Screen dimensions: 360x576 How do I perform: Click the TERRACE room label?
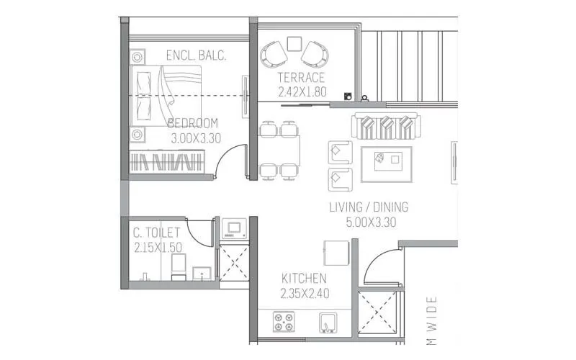point(301,78)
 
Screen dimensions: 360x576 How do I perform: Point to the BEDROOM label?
point(193,123)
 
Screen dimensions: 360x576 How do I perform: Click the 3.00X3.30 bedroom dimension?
point(195,138)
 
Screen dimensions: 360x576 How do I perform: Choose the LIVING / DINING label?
point(369,207)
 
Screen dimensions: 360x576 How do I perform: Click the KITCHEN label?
point(304,279)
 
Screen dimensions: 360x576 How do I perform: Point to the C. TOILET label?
point(156,233)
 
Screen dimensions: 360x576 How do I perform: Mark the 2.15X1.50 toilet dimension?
point(158,247)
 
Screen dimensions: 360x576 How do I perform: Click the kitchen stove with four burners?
point(283,320)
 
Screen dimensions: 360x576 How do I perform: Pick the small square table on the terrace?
point(293,44)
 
